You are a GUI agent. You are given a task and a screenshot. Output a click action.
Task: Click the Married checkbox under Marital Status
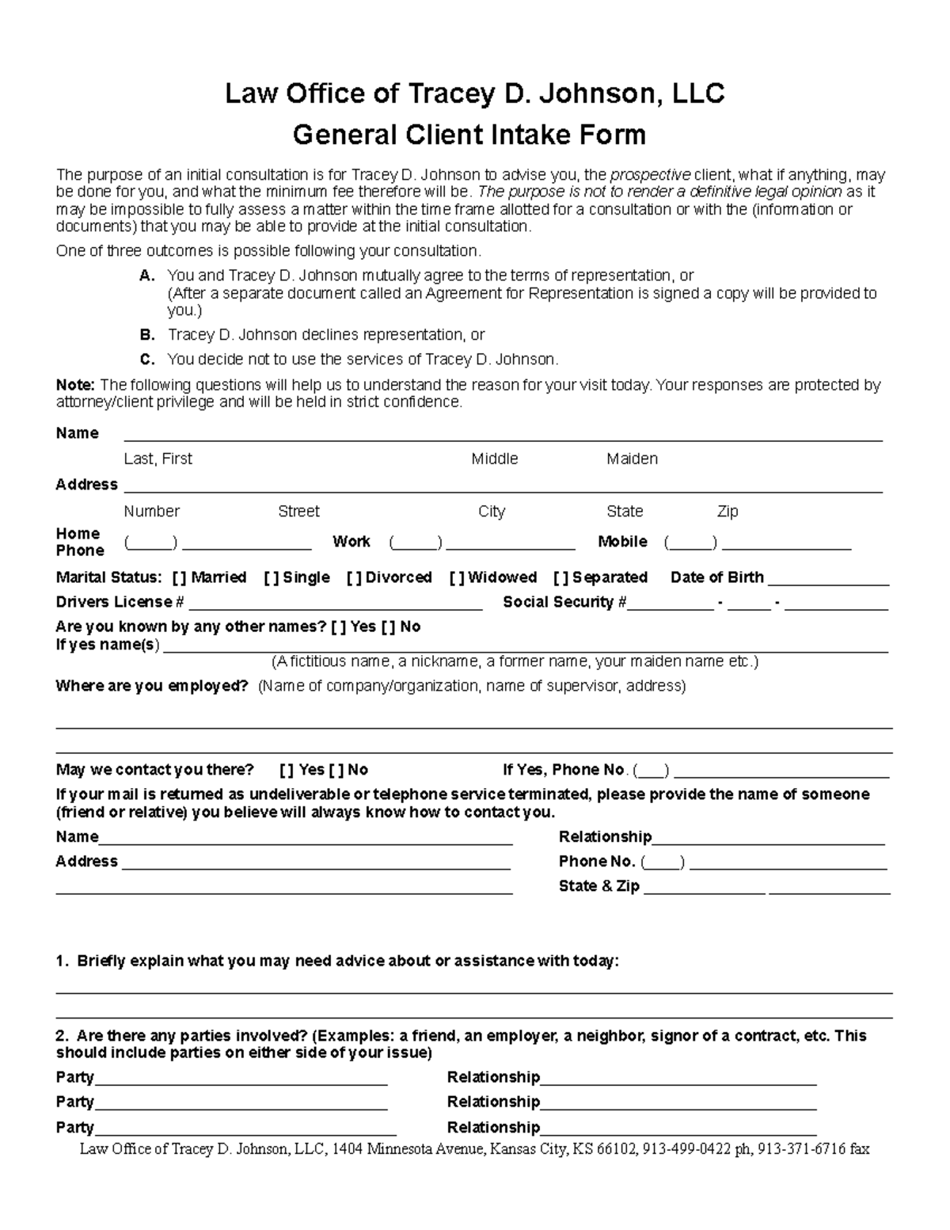tap(179, 577)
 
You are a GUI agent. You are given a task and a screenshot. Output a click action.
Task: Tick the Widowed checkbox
tap(457, 577)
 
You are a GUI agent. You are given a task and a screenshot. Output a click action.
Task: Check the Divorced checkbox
tap(354, 577)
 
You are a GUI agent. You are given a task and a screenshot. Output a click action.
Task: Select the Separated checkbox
tap(560, 577)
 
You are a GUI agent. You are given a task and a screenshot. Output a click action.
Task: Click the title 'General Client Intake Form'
tap(469, 135)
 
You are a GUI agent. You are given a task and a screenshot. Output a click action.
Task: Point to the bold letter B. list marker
tap(146, 334)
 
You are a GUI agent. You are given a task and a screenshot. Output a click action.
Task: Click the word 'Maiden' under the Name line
tap(632, 459)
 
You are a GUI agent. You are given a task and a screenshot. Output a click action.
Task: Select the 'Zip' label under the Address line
tap(727, 511)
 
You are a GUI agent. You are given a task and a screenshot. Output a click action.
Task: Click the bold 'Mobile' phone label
tap(622, 542)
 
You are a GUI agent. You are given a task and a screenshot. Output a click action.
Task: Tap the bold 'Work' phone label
tap(351, 542)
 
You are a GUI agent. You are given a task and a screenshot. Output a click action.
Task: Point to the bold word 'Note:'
tap(75, 385)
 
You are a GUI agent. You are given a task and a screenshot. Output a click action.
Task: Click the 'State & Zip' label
tap(598, 886)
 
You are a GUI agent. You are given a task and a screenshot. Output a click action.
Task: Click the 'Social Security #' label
tap(564, 602)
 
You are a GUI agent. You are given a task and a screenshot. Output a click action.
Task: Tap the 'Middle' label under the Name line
tap(495, 459)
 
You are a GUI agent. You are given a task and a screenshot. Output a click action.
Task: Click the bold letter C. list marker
tap(146, 359)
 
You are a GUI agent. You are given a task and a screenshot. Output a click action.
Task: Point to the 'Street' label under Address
tap(298, 511)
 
